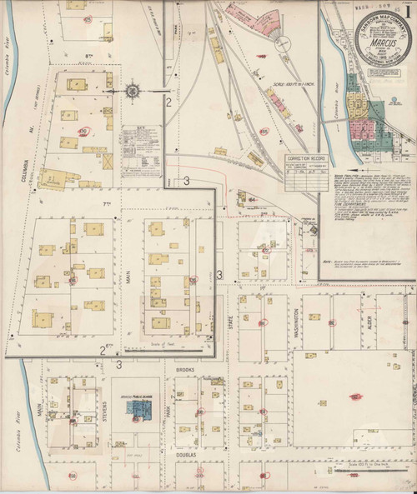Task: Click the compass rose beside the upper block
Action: pyautogui.click(x=133, y=90)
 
